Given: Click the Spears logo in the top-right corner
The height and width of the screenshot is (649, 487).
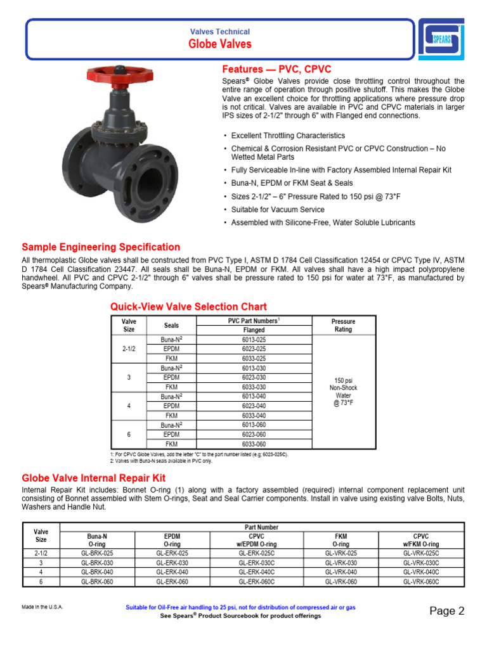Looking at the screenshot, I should (441, 39).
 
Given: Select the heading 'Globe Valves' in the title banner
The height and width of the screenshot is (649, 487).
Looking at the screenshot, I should (219, 44).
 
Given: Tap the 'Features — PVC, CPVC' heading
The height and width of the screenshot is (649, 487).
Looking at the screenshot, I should (276, 69).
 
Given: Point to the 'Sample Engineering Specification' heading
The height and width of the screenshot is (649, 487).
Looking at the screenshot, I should (101, 247).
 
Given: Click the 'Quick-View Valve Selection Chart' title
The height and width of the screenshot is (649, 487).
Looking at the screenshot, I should (188, 307).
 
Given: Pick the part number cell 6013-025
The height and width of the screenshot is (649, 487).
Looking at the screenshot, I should (254, 339).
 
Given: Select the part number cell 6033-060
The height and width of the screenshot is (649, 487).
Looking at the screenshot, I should (254, 444).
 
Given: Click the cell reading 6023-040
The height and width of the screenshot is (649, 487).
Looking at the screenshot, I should (254, 406).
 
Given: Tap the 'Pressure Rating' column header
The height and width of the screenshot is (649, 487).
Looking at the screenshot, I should (343, 325).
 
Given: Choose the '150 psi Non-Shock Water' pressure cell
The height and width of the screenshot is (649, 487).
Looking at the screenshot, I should (343, 392).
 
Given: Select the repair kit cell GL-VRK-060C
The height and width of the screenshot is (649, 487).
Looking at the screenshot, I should (421, 582).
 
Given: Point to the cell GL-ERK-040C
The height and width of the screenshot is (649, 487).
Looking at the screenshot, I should (257, 572).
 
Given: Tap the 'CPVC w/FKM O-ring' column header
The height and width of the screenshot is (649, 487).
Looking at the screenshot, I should (421, 540).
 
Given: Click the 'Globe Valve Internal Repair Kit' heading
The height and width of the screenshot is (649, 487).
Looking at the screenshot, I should (93, 478).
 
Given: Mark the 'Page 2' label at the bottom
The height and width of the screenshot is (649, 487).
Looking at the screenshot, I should (446, 611).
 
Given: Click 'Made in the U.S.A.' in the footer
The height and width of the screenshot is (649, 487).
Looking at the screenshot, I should (42, 607).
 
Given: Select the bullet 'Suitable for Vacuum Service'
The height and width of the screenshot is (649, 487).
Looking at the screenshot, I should (278, 209).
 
